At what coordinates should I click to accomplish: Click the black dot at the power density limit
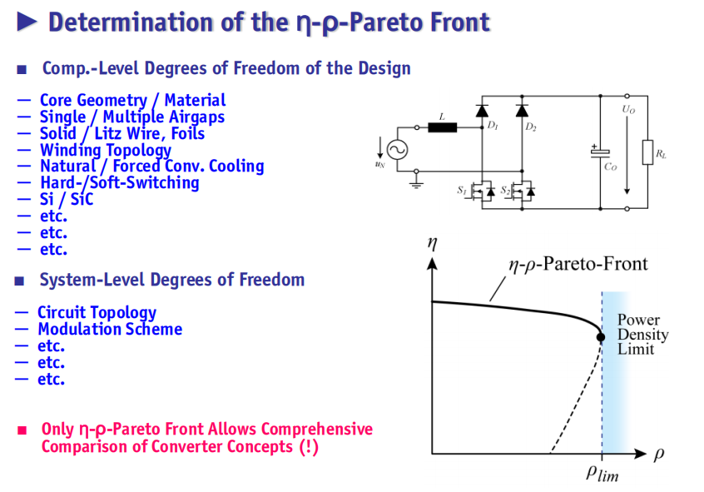tap(601, 337)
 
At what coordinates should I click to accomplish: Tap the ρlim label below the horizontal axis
tap(602, 473)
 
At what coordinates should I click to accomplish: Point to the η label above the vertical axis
tap(432, 243)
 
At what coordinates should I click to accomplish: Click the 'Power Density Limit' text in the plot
tap(642, 335)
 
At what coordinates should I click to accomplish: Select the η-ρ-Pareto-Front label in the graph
tap(578, 264)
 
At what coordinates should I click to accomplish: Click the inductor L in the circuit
tap(442, 127)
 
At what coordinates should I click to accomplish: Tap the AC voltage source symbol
tap(397, 150)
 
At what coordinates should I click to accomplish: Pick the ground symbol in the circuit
tap(417, 184)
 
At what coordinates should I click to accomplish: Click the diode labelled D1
tap(482, 111)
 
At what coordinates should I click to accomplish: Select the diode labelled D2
tap(522, 111)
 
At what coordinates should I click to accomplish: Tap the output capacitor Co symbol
tap(600, 152)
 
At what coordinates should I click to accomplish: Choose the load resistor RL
tap(647, 152)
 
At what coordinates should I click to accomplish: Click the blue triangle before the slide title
tap(27, 22)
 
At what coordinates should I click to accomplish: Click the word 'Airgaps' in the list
tap(194, 117)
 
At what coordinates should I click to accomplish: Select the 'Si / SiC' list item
tap(67, 199)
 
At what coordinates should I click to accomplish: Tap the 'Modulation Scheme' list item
tap(110, 330)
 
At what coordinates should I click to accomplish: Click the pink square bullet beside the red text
tap(22, 430)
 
